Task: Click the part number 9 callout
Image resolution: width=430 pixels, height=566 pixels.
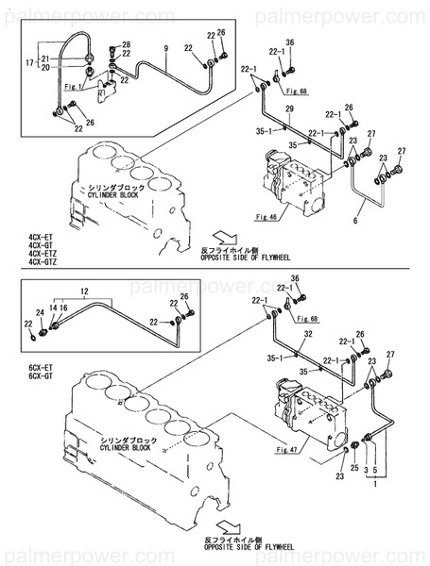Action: click(165, 47)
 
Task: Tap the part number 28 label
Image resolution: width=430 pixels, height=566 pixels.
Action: click(127, 45)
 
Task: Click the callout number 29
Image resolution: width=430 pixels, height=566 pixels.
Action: click(289, 110)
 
